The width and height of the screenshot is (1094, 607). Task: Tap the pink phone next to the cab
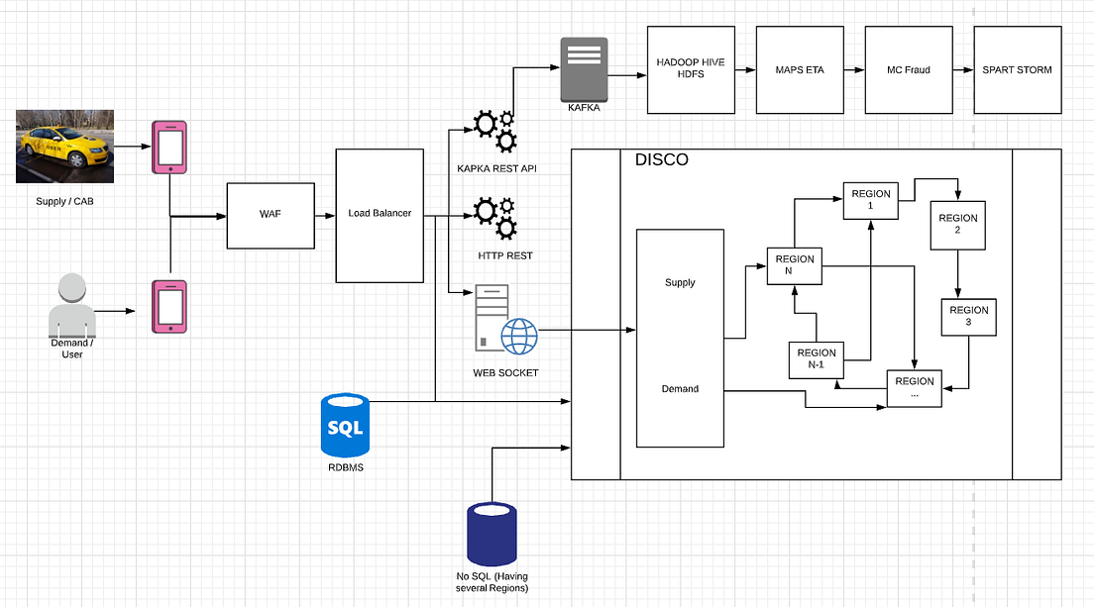pyautogui.click(x=168, y=148)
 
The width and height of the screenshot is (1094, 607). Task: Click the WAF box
pyautogui.click(x=270, y=216)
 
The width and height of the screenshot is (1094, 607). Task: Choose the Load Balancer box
pyautogui.click(x=380, y=215)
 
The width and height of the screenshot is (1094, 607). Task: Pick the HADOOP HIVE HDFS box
pyautogui.click(x=690, y=69)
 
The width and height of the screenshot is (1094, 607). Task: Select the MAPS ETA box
pyautogui.click(x=799, y=69)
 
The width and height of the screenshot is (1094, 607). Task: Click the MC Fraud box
pyautogui.click(x=908, y=69)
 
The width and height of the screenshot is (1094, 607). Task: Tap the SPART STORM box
pyautogui.click(x=1017, y=69)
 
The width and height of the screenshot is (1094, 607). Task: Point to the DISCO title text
pyautogui.click(x=661, y=159)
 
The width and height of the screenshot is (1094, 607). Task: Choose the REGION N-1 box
pyautogui.click(x=816, y=359)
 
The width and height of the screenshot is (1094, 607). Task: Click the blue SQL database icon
pyautogui.click(x=345, y=427)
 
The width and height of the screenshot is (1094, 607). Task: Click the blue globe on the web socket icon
pyautogui.click(x=519, y=336)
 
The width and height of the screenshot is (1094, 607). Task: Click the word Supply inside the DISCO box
pyautogui.click(x=680, y=283)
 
